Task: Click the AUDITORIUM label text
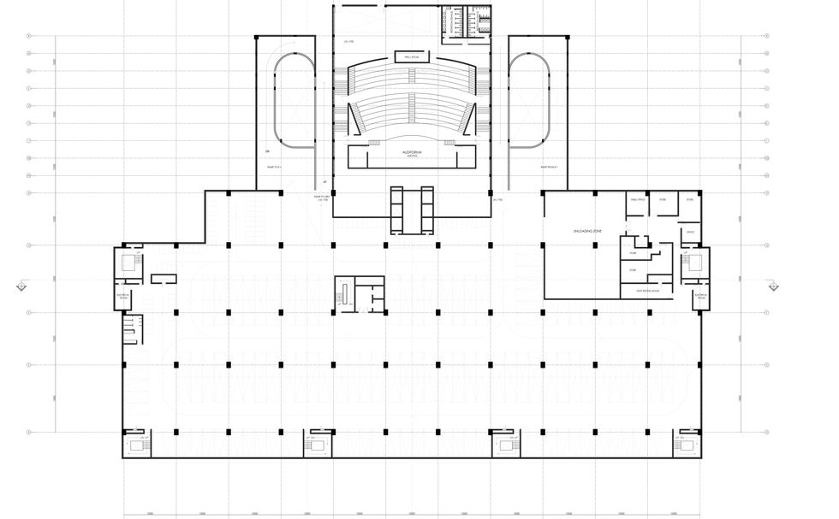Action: pyautogui.click(x=411, y=151)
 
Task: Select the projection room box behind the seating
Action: pyautogui.click(x=411, y=57)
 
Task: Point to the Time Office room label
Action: pyautogui.click(x=637, y=199)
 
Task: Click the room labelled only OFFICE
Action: pyautogui.click(x=689, y=232)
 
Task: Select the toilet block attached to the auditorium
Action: pyautogui.click(x=466, y=22)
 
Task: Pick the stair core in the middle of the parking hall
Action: pyautogui.click(x=359, y=294)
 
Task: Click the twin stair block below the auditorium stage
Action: pyautogui.click(x=412, y=209)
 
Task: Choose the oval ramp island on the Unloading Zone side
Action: pyautogui.click(x=528, y=97)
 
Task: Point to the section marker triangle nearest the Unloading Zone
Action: pyautogui.click(x=772, y=287)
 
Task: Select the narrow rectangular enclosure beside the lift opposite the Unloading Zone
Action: pyautogui.click(x=163, y=278)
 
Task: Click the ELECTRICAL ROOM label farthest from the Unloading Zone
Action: pyautogui.click(x=122, y=298)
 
